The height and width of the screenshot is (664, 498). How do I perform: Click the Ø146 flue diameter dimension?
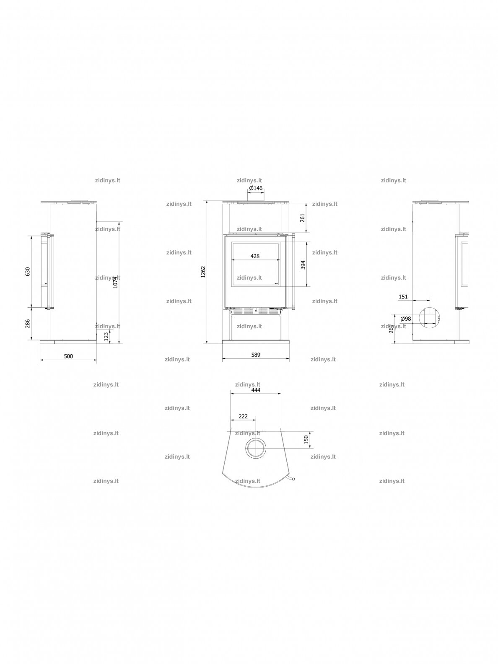pos(256,188)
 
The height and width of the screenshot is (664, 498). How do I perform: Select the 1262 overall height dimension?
pos(203,272)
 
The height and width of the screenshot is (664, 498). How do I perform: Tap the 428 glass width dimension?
pos(255,256)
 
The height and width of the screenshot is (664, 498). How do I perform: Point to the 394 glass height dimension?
pos(303,265)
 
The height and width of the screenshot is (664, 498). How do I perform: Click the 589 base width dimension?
pos(256,355)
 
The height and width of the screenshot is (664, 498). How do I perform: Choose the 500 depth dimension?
pos(68,356)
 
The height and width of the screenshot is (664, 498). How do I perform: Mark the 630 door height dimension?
pos(28,271)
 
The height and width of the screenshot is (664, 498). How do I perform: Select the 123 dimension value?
pos(106,336)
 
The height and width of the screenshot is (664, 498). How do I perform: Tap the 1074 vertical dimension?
pos(115,282)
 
